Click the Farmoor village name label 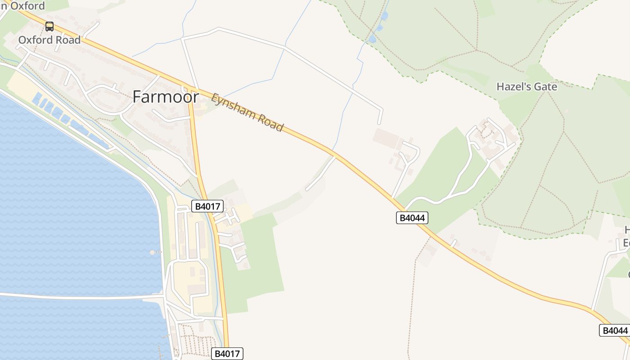pyautogui.click(x=166, y=97)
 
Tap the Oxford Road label pyautogui.click(x=49, y=40)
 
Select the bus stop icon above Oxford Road pyautogui.click(x=49, y=27)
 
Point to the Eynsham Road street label pyautogui.click(x=247, y=112)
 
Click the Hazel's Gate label pyautogui.click(x=526, y=87)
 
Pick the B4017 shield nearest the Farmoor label pyautogui.click(x=207, y=207)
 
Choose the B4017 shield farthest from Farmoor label pyautogui.click(x=228, y=354)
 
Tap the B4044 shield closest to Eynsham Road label pyautogui.click(x=412, y=218)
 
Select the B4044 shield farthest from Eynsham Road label pyautogui.click(x=614, y=330)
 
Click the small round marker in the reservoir pyautogui.click(x=152, y=252)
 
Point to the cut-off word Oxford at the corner pyautogui.click(x=25, y=6)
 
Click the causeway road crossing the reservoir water pyautogui.click(x=81, y=297)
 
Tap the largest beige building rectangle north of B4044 pyautogui.click(x=386, y=138)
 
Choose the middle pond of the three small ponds pyautogui.click(x=379, y=28)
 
